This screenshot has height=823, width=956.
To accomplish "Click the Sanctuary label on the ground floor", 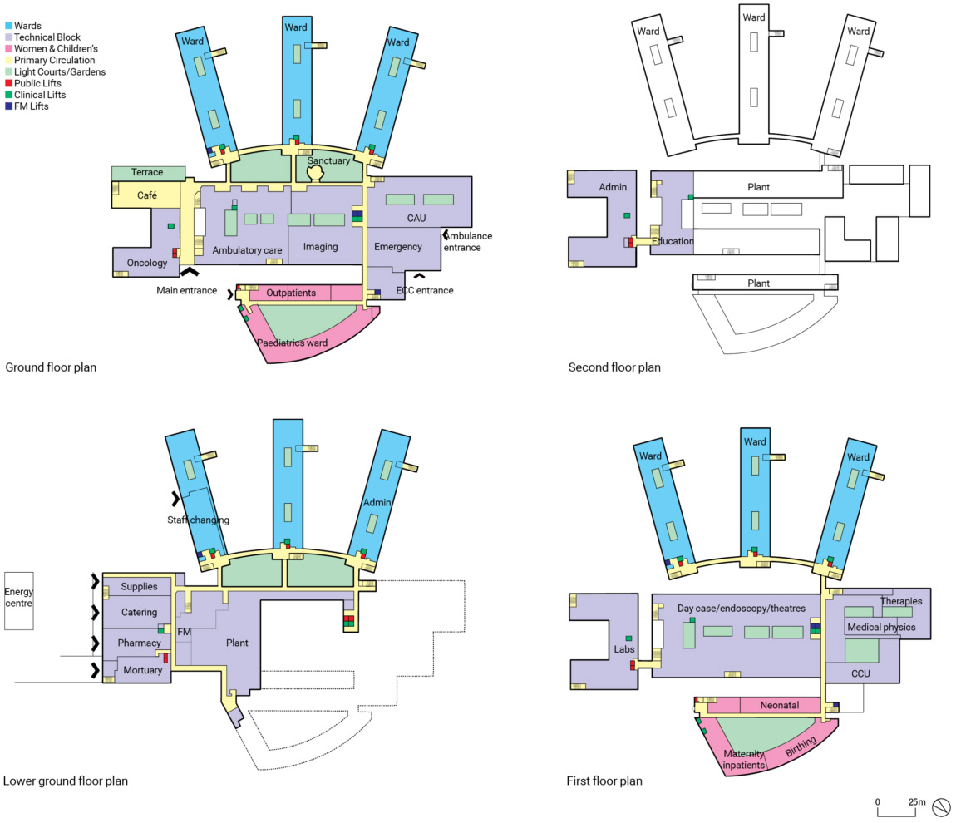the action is click(x=328, y=161).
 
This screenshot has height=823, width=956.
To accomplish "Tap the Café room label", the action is click(x=147, y=195).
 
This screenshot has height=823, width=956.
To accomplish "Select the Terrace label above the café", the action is click(x=147, y=173).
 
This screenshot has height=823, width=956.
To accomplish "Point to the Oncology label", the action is click(x=147, y=263).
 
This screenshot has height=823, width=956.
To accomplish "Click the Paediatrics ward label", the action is click(x=292, y=343).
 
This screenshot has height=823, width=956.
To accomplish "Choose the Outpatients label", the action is click(x=291, y=293).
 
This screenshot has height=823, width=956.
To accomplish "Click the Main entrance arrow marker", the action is click(x=190, y=271).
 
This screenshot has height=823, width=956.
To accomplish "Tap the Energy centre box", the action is click(x=19, y=600).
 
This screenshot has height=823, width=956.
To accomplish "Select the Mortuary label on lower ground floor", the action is click(x=143, y=670).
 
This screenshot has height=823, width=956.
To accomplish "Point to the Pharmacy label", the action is click(x=139, y=643).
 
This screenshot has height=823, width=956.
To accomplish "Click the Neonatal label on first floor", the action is click(x=779, y=705).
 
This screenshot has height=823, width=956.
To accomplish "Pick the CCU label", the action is click(x=860, y=673).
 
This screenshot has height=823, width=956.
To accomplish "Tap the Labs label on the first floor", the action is click(x=624, y=649).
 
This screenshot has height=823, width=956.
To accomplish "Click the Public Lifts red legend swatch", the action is click(x=8, y=83).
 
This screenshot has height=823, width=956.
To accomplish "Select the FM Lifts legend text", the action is click(x=31, y=106).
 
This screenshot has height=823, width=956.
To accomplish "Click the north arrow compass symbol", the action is click(x=941, y=808).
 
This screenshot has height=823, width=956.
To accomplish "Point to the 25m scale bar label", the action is click(x=916, y=801).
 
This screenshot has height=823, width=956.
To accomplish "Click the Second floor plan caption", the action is click(x=614, y=367).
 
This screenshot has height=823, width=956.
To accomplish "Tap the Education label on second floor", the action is click(x=673, y=241).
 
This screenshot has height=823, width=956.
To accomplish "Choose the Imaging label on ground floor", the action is click(x=321, y=247).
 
